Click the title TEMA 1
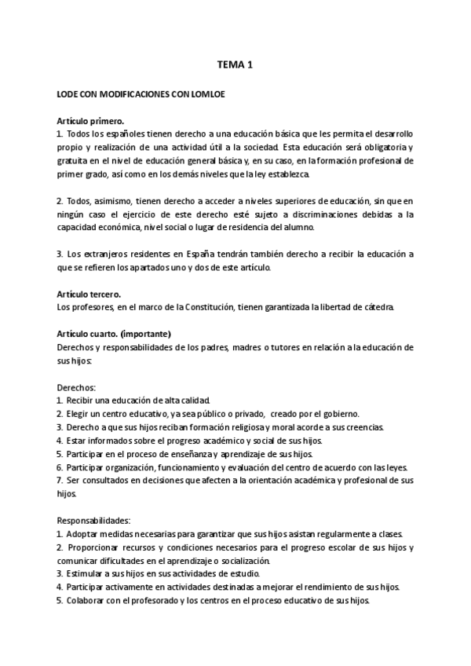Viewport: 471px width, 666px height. (x=235, y=67)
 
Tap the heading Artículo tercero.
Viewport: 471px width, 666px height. (x=89, y=293)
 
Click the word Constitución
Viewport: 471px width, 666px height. (x=213, y=306)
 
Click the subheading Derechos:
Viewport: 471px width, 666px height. (x=76, y=386)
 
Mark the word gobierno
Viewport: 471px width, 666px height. (x=338, y=413)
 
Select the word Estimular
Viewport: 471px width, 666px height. (x=85, y=573)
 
